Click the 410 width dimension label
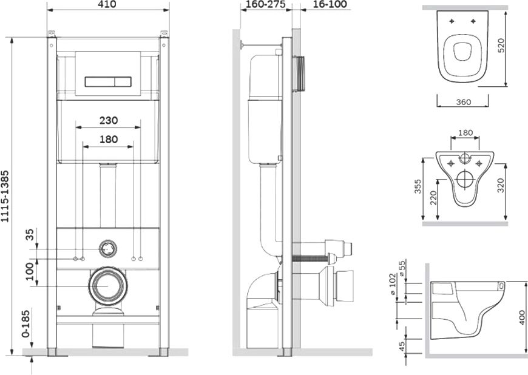[x=108, y=4]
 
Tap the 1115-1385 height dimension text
[x=5, y=197]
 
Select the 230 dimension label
[x=109, y=120]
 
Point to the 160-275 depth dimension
[x=265, y=4]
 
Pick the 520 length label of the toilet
[x=501, y=46]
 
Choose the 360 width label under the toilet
[x=463, y=102]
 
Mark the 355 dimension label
[x=418, y=186]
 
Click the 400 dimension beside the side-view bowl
[x=522, y=317]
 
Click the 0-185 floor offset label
[x=26, y=324]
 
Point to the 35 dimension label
[x=30, y=235]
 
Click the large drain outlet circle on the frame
[x=108, y=285]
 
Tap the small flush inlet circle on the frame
[x=108, y=249]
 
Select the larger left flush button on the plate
[x=100, y=82]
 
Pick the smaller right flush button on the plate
[x=123, y=82]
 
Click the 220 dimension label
[x=433, y=198]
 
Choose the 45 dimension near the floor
[x=402, y=346]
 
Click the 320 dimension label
[x=501, y=186]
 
